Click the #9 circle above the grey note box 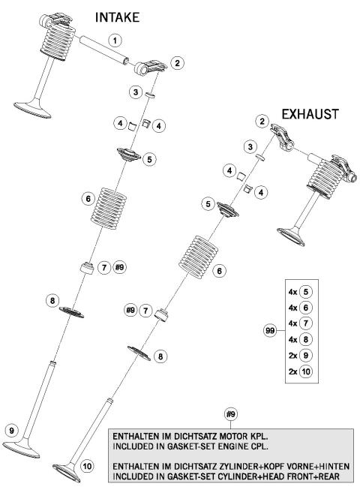point(232,413)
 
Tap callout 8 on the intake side point(52,300)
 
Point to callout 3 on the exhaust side point(248,146)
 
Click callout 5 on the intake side point(150,159)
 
